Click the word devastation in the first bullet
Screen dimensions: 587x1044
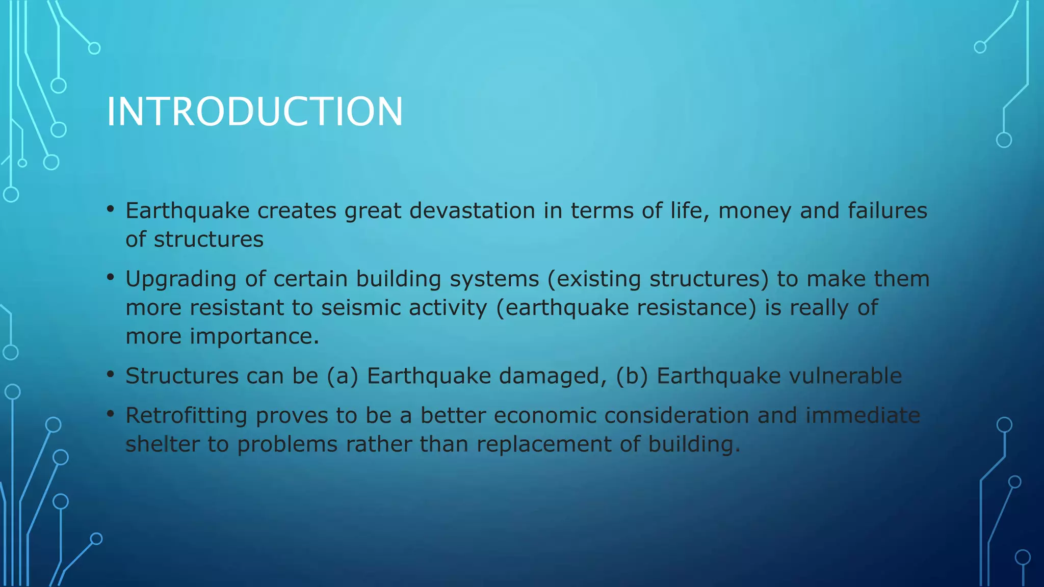[x=472, y=211]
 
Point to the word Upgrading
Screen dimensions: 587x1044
[x=180, y=280]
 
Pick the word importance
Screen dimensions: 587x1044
[x=254, y=337]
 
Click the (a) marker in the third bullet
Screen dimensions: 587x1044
[x=342, y=376]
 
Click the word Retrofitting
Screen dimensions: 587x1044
[x=186, y=415]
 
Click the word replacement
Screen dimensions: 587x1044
[x=544, y=444]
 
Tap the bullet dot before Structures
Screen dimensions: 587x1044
[x=111, y=375]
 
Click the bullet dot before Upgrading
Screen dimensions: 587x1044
[x=111, y=278]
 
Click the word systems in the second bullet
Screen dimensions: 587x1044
[x=494, y=280]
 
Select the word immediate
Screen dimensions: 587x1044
[x=863, y=415]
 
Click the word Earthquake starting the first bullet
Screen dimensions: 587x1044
[x=187, y=211]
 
